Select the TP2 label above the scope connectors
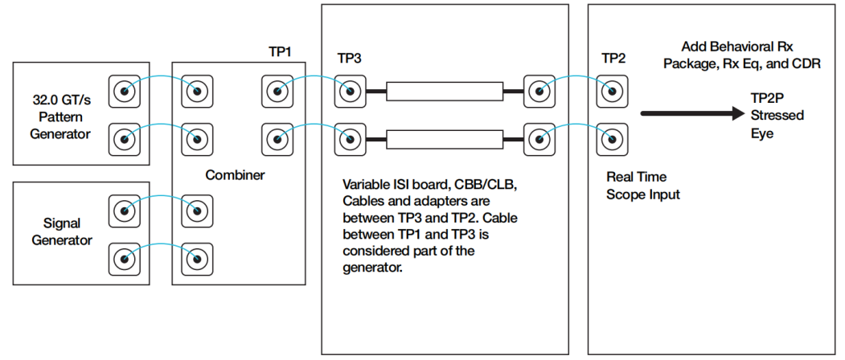[x=613, y=58]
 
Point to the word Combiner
[x=235, y=175]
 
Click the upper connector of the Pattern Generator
[x=125, y=91]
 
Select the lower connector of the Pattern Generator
[x=125, y=140]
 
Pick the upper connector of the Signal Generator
[x=125, y=211]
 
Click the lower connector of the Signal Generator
[x=125, y=259]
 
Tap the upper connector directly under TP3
[x=351, y=91]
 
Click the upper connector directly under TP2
[x=613, y=91]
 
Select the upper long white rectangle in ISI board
[x=445, y=91]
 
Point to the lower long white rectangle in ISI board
[x=445, y=140]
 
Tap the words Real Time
[x=637, y=177]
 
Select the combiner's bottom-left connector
[x=197, y=259]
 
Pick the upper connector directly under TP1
[x=277, y=91]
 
